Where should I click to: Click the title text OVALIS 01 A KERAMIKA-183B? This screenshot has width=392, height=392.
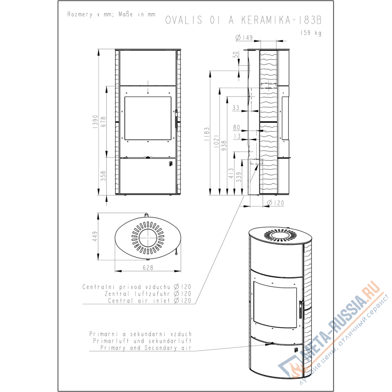tap(243, 20)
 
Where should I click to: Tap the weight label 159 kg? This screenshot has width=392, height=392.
tap(311, 33)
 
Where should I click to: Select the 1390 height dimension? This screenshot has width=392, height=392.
tap(95, 122)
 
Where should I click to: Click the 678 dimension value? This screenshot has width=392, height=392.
tap(103, 122)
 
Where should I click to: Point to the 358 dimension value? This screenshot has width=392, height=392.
tap(103, 176)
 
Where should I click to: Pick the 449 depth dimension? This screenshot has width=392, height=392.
tap(95, 237)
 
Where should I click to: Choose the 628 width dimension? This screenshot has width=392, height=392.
tap(148, 268)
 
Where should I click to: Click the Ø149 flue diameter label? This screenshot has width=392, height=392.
tap(244, 38)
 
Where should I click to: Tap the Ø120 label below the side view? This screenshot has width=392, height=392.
tap(275, 203)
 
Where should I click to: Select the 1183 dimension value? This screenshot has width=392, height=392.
tap(207, 134)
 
